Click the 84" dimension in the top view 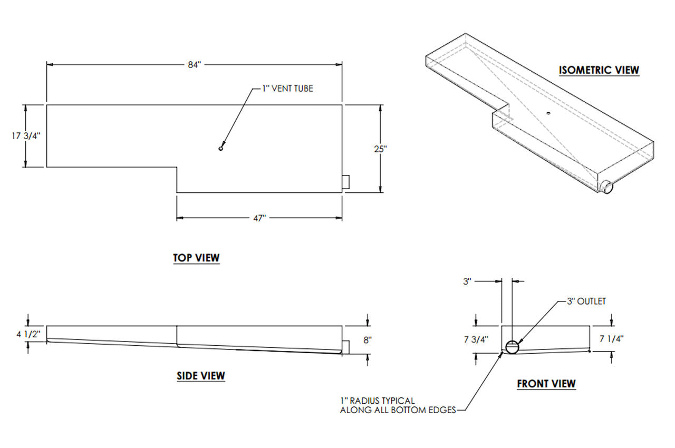coord(195,64)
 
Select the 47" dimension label coord(259,218)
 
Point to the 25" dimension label coord(380,149)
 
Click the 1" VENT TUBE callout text coord(287,89)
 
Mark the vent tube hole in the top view coord(221,149)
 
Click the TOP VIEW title coord(196,258)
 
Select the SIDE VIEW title coord(201,376)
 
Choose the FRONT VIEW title coord(546,384)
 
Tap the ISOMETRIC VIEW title coord(599,70)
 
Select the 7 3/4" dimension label coord(477,339)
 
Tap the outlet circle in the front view coord(512,347)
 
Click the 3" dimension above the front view coord(467,281)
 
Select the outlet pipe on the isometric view coord(607,186)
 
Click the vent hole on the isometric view coord(548,112)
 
